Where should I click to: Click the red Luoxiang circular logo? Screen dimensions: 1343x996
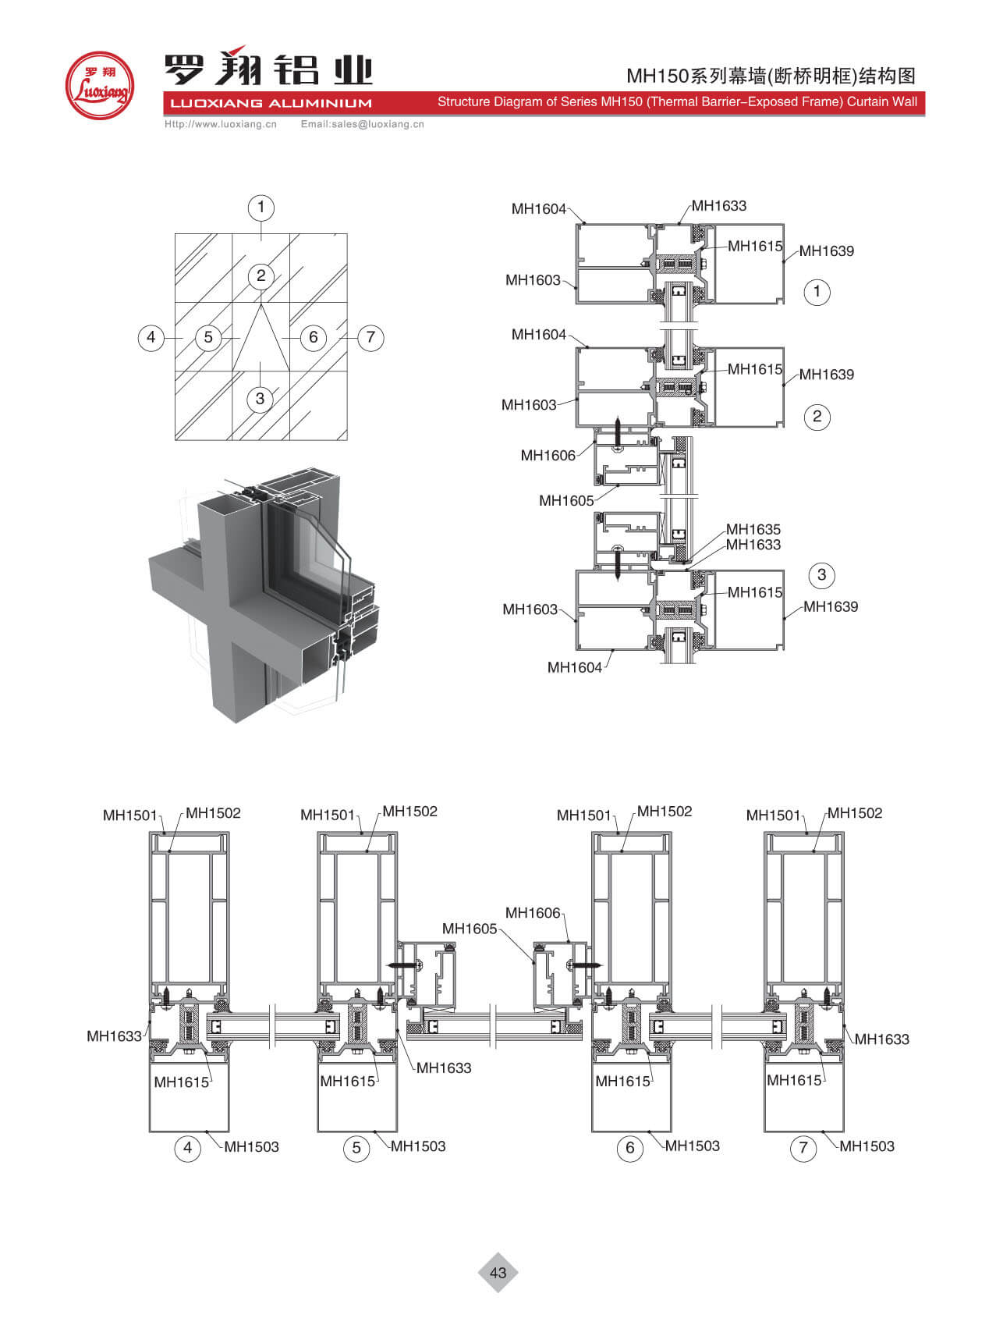coord(99,86)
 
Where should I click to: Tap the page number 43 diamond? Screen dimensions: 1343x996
coord(498,1273)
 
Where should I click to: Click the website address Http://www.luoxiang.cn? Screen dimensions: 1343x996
coord(220,124)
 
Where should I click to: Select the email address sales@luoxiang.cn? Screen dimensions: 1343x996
coord(362,124)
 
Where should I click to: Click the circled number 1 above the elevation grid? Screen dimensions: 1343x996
coord(261,208)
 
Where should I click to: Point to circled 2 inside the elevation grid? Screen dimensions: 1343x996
coord(261,275)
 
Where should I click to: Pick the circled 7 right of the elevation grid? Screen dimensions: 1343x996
coord(370,338)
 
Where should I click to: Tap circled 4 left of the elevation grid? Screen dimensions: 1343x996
coord(151,338)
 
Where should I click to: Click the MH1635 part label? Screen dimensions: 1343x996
coord(753,529)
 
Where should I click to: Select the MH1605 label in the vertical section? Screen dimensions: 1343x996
coord(566,501)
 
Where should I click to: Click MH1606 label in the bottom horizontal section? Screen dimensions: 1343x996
coord(533,913)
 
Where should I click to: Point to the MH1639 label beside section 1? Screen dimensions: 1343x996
coord(826,251)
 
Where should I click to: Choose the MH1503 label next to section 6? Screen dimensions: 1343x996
coord(692,1146)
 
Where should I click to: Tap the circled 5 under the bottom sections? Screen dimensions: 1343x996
coord(356,1148)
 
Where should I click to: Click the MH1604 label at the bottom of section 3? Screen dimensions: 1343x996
coord(575,667)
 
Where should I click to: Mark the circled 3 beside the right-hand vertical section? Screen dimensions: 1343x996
coord(821,576)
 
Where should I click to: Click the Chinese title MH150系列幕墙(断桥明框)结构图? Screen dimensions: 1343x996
coord(771,76)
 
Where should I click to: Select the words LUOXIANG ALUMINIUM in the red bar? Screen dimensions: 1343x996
coord(271,103)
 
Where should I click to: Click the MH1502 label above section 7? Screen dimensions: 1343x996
coord(855,813)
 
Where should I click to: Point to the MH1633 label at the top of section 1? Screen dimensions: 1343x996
coord(719,206)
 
